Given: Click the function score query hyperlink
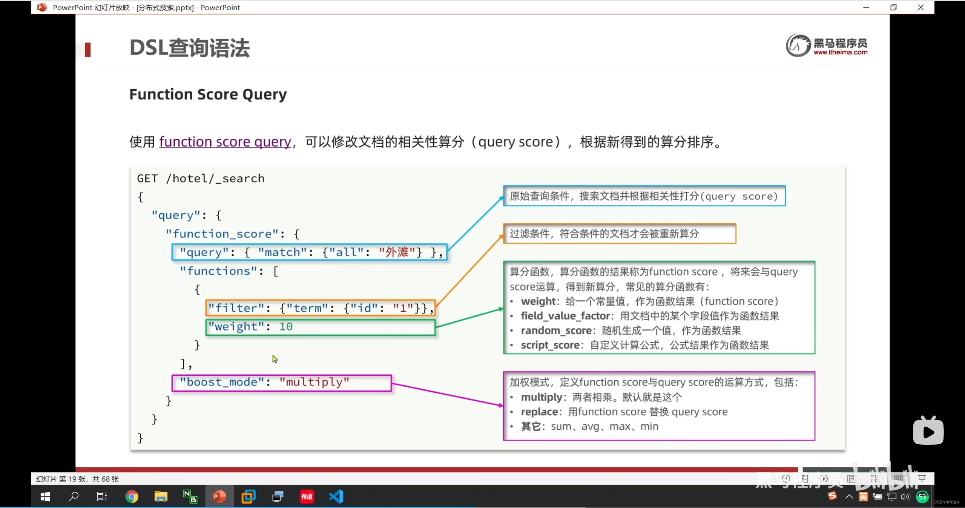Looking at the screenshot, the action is [225, 142].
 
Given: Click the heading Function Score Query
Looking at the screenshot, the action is [208, 94].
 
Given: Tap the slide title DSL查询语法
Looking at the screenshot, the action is [190, 48].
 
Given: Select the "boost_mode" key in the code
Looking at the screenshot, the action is [222, 382].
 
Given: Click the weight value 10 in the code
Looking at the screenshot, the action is [286, 326].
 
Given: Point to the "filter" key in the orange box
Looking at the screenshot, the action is [236, 308].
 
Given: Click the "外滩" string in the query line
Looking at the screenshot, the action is [397, 252].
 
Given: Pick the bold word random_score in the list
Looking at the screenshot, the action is [556, 331].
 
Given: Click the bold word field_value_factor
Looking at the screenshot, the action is [565, 316].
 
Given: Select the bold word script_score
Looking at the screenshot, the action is [550, 345].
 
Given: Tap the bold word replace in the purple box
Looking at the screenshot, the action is [539, 412].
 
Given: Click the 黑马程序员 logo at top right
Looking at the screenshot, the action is [827, 46].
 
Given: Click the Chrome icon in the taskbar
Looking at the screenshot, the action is [132, 497].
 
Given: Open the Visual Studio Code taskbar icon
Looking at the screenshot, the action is [336, 497].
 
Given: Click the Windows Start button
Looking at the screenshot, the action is [45, 497].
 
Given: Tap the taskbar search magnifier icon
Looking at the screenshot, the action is [74, 496].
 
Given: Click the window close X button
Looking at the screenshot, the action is [921, 8].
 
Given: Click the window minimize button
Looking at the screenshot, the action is [866, 8].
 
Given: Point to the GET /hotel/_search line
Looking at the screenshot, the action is [201, 178].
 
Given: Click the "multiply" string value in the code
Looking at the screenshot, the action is [314, 382].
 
